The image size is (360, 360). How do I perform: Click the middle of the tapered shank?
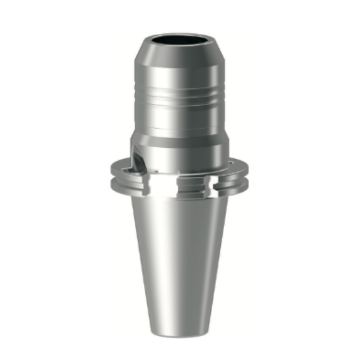pos(179,262)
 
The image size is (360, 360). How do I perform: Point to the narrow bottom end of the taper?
pos(179,332)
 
